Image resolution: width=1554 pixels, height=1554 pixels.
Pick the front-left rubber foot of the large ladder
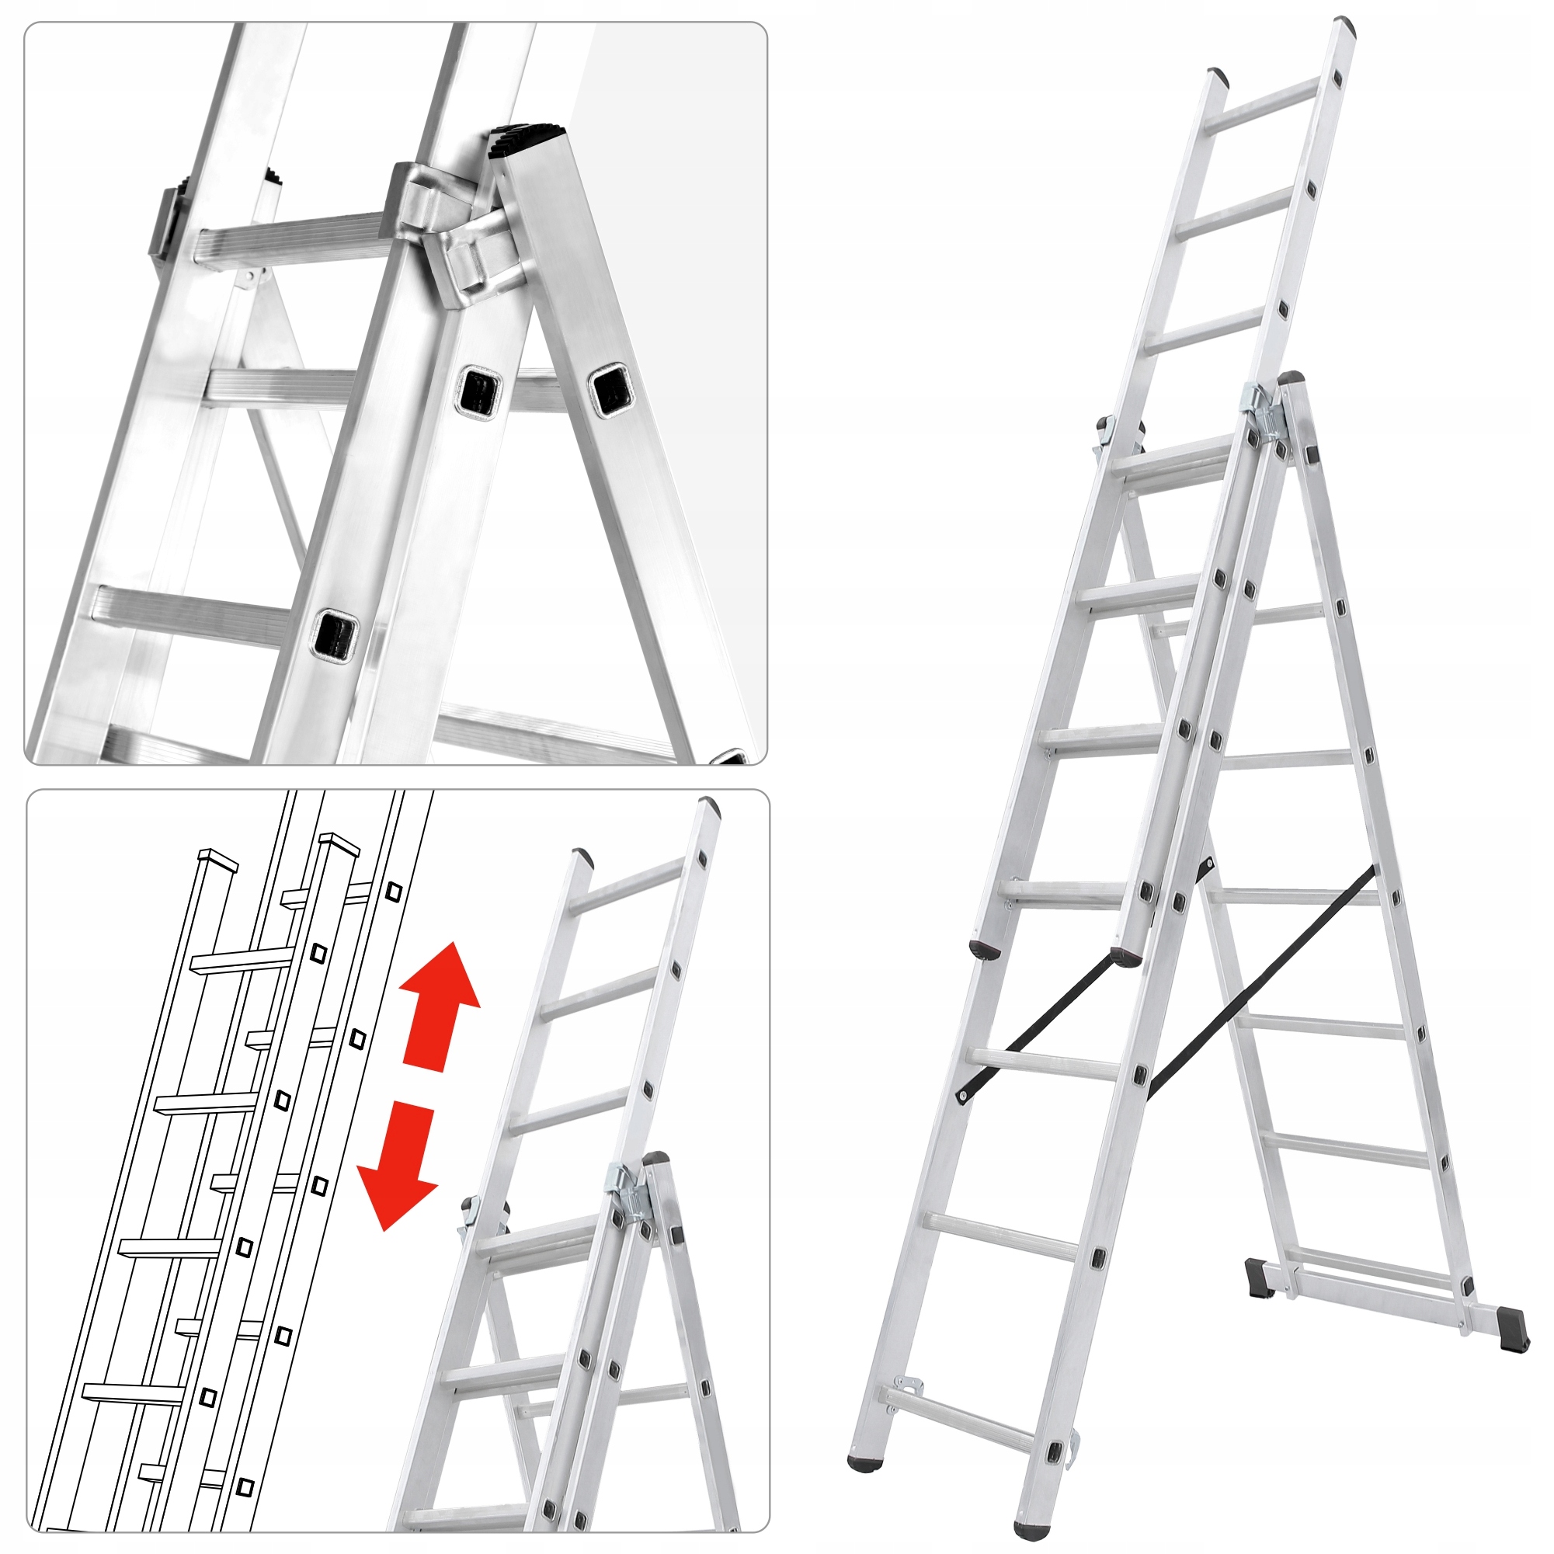tap(864, 1460)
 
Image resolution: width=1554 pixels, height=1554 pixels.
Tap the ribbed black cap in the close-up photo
tap(527, 141)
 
